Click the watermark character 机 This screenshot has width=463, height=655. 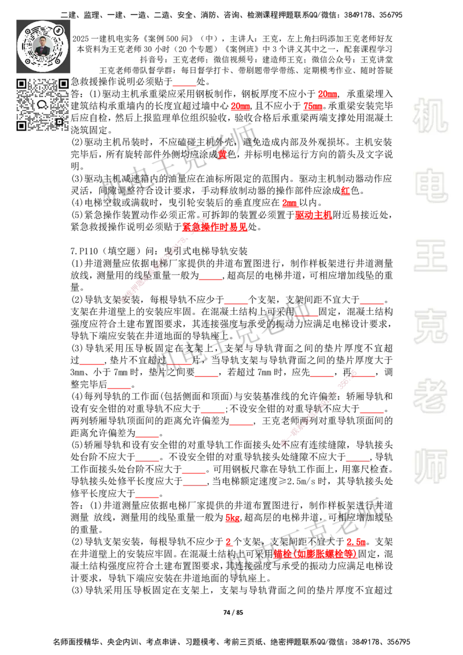[x=430, y=116]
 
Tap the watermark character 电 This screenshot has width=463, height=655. [x=432, y=185]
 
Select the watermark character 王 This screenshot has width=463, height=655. [x=430, y=256]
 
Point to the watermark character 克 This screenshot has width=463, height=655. [x=430, y=326]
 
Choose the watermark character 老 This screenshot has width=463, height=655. [x=430, y=395]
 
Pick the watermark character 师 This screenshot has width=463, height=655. [x=430, y=467]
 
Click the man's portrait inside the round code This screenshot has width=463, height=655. [x=43, y=46]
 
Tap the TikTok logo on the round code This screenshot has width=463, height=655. [x=58, y=30]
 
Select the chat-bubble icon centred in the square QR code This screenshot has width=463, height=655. [x=42, y=105]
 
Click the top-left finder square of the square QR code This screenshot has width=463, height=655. [x=21, y=83]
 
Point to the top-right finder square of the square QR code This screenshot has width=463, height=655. [x=64, y=83]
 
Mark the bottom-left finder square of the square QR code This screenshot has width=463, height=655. [x=21, y=126]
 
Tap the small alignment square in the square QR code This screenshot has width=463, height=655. [x=59, y=122]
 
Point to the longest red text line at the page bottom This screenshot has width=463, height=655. [x=315, y=554]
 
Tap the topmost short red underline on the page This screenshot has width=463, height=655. [x=184, y=86]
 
